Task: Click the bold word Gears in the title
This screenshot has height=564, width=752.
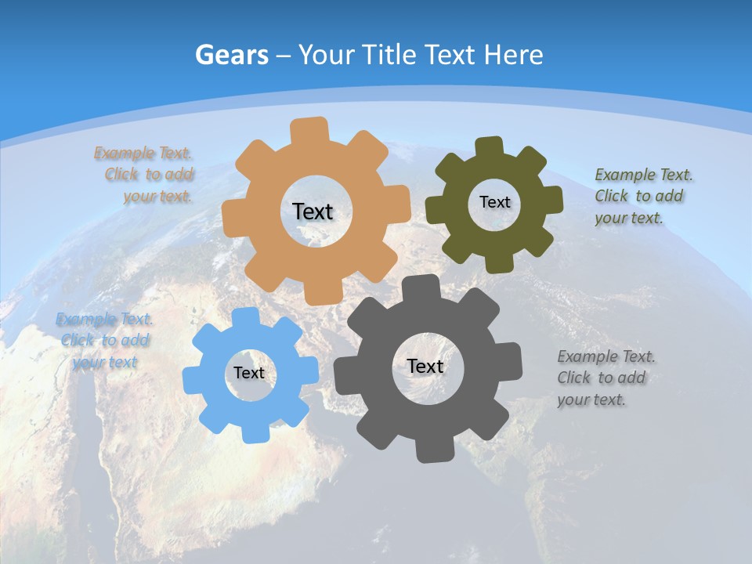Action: coord(232,55)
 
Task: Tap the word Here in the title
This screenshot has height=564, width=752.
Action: coord(513,55)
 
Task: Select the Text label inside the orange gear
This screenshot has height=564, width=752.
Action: coord(313,211)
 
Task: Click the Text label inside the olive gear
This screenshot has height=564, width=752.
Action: coord(494,202)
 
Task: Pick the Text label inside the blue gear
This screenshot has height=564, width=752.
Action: coord(249,373)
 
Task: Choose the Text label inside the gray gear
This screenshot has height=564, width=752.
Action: coord(425,366)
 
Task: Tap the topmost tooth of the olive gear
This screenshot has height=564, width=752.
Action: coord(489,146)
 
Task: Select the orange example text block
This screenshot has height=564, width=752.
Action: coord(145,175)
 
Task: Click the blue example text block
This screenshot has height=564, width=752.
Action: coord(103,341)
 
